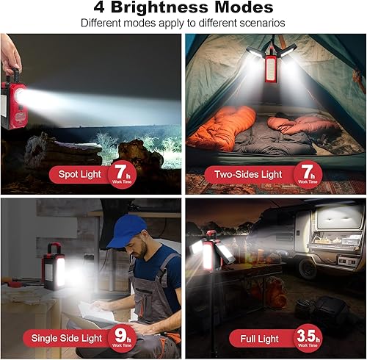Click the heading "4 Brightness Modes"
(183, 9)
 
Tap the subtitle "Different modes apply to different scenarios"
(183, 24)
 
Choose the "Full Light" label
(258, 338)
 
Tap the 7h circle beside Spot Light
(121, 174)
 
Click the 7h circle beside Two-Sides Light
(308, 174)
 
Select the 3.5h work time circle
(308, 336)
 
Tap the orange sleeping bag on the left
(220, 129)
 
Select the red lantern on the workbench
(54, 267)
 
